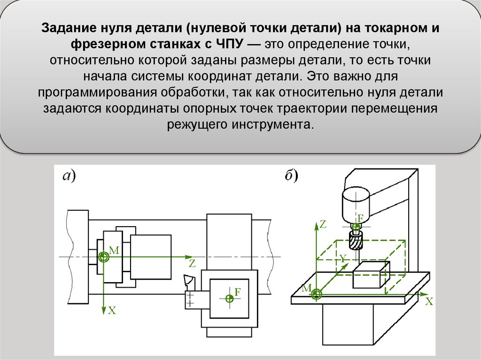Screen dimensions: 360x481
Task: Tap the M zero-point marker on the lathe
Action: (x=103, y=257)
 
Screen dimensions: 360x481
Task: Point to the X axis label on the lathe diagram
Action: (x=112, y=310)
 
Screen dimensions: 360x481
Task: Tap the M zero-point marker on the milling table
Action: (x=317, y=294)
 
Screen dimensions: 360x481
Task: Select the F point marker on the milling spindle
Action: (x=357, y=226)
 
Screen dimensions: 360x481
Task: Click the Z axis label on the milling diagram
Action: (x=323, y=224)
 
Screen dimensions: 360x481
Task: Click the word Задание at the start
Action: (x=68, y=28)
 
